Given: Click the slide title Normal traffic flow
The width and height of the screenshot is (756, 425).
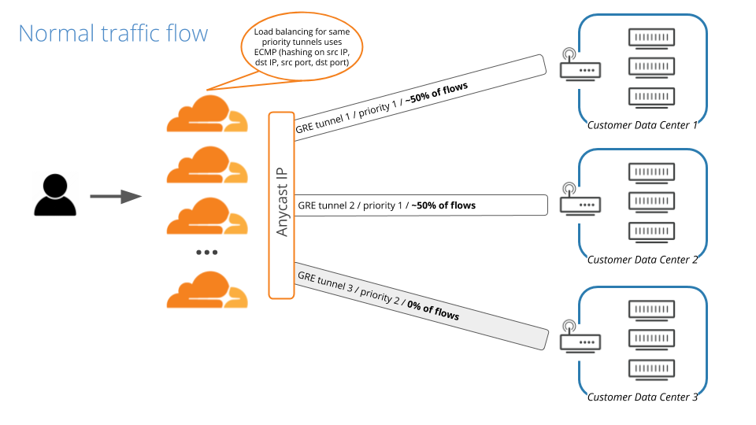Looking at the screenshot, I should tap(113, 33).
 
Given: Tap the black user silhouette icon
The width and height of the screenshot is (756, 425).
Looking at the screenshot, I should tap(55, 196).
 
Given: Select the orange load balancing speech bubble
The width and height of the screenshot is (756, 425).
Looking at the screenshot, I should tap(302, 47).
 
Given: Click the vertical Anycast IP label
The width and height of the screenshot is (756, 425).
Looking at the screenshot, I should tap(282, 204).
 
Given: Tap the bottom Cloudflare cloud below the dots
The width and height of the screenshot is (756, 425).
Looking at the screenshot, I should tap(206, 290).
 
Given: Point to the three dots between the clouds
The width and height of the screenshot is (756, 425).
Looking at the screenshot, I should tap(206, 252).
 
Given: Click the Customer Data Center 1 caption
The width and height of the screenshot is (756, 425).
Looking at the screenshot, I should tap(643, 124).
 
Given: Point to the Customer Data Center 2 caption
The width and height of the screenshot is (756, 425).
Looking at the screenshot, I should tap(643, 260).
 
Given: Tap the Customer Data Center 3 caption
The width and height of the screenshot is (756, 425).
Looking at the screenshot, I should tap(643, 397).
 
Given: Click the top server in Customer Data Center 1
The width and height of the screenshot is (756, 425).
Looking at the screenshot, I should tap(653, 38).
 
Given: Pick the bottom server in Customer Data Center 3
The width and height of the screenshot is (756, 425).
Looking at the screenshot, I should tap(653, 369).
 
